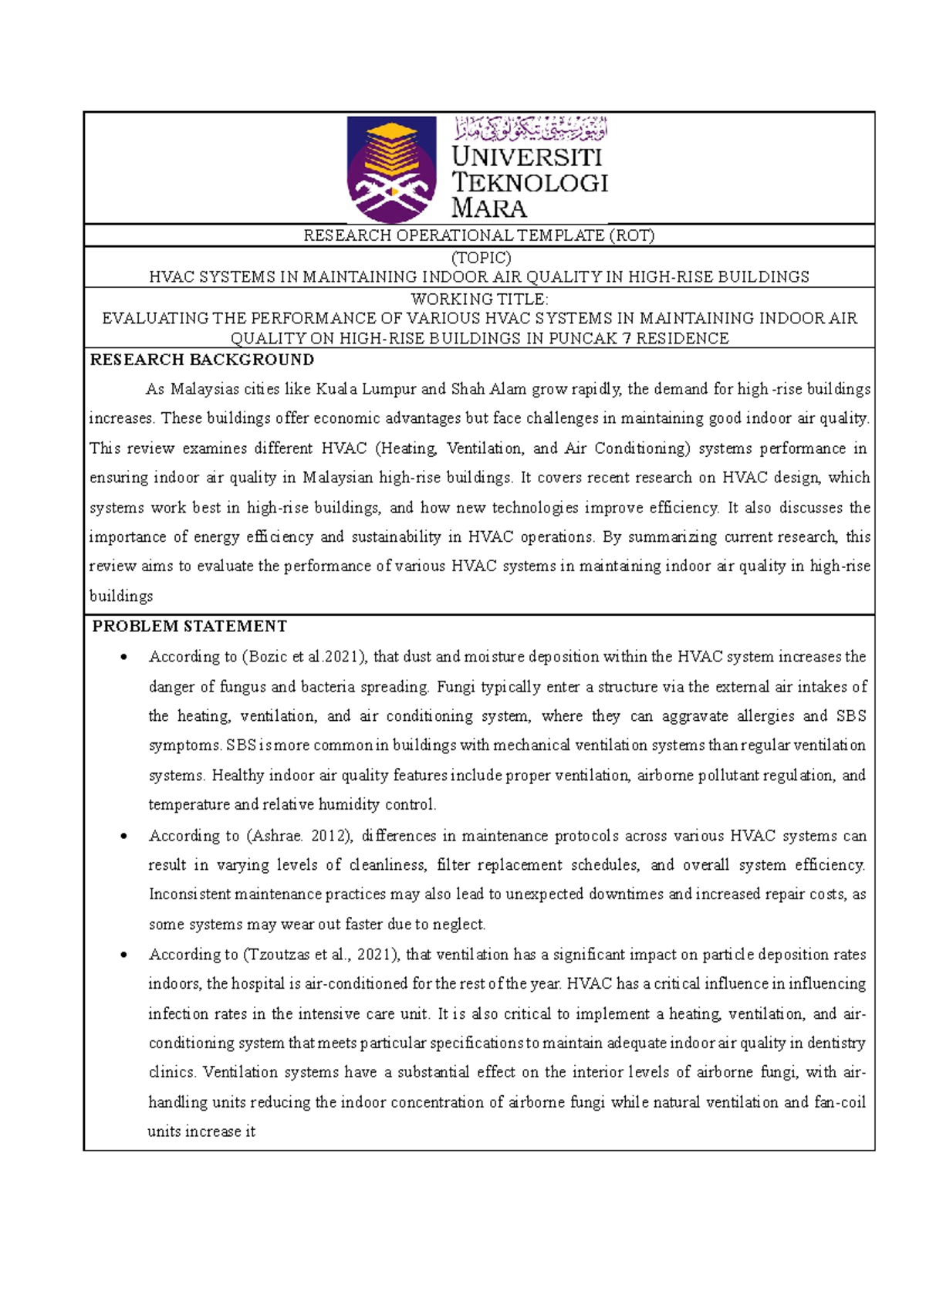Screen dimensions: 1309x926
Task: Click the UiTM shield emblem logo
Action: coord(392,169)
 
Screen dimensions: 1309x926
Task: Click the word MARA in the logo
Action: coord(488,208)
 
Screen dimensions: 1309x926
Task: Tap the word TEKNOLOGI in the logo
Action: coord(529,182)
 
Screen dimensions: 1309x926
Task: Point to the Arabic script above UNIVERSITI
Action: coord(530,128)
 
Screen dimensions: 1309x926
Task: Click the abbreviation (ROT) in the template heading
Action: coord(631,235)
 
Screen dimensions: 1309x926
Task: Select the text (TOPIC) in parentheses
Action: coord(480,258)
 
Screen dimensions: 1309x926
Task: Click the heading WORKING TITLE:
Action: coord(479,299)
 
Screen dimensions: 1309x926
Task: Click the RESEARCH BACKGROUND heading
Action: coord(202,360)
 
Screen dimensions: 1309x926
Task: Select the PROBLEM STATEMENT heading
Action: coord(190,626)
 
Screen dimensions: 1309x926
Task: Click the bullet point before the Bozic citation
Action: coord(123,658)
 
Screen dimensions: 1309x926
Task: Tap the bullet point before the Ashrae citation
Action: coord(123,837)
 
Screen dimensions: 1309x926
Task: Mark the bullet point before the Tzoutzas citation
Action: coord(123,956)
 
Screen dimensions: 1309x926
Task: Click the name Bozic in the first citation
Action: coord(268,657)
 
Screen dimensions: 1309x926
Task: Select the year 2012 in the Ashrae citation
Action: coord(327,836)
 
